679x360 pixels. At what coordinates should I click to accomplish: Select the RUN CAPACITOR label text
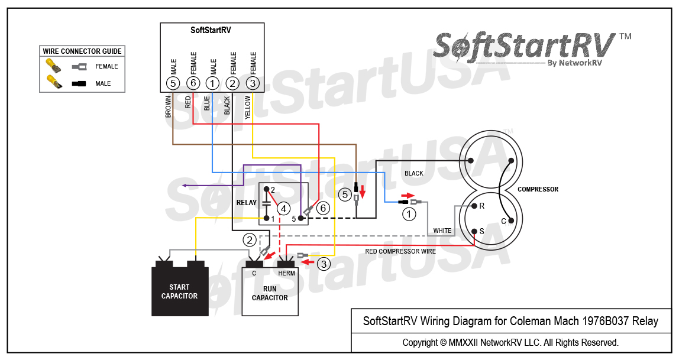270,293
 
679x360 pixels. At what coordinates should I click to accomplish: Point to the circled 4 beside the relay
283,209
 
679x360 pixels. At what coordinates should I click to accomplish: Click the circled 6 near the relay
322,208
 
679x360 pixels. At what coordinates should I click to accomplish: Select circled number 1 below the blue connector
409,215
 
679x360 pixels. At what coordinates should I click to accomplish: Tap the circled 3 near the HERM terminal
323,264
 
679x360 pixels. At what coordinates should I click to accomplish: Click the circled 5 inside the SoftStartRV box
173,83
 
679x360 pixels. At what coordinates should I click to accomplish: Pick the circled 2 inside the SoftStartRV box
232,83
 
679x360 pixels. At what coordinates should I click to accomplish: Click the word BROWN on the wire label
169,107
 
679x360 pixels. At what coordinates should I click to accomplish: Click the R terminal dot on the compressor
474,206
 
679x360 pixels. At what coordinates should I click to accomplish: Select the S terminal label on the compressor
482,231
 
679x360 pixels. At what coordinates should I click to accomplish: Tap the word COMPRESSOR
538,190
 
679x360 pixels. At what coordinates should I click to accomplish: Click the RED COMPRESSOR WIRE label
400,251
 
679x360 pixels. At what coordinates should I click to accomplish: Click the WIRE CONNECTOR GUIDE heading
82,51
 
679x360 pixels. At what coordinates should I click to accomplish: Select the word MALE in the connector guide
103,83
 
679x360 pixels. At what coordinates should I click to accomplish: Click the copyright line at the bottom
510,342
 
